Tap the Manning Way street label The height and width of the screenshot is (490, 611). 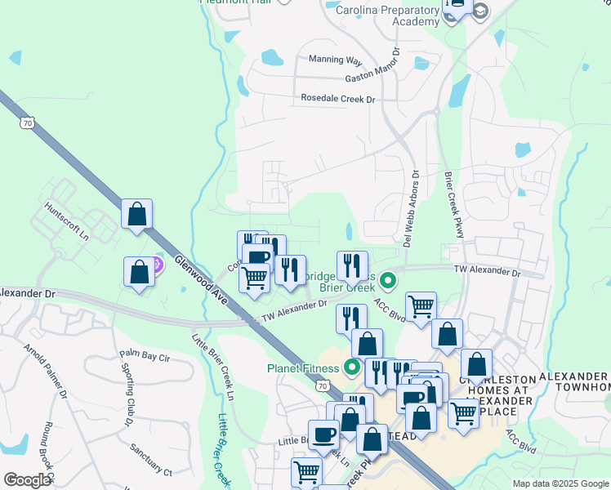pos(335,60)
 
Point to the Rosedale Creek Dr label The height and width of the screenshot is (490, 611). pos(337,99)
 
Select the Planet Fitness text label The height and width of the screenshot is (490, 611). pos(301,367)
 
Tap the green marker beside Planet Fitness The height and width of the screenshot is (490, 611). pos(353,367)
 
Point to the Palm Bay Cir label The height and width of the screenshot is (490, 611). pos(144,355)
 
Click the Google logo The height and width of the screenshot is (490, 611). pos(27,480)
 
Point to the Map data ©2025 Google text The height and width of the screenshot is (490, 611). pos(560,483)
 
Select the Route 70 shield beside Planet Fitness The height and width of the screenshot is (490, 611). pos(324,385)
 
